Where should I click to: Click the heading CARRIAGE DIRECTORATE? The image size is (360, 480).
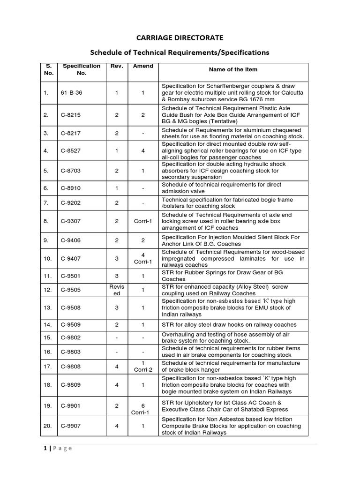point(180,37)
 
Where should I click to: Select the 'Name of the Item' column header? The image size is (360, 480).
point(233,69)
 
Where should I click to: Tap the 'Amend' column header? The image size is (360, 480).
point(143,66)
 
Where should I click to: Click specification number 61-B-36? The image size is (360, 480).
point(72,93)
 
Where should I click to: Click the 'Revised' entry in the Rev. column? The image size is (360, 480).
point(116,290)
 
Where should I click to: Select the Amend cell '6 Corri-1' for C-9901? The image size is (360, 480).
point(143,405)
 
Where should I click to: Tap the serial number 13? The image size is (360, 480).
point(48,307)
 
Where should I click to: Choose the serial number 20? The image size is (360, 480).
point(48,426)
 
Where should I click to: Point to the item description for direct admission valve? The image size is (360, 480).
point(221,188)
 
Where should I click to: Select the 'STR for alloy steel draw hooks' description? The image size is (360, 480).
point(229,324)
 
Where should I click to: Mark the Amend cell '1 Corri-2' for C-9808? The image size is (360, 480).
point(143,366)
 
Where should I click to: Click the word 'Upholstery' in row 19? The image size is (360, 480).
point(197,403)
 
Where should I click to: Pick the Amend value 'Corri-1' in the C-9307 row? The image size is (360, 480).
point(143,221)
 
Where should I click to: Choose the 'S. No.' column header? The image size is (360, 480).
point(49,69)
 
